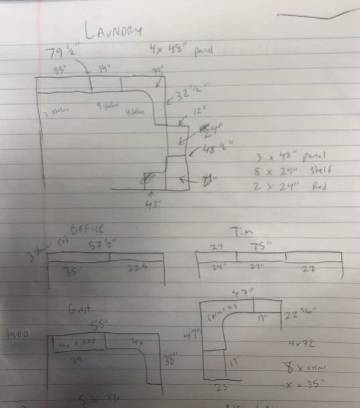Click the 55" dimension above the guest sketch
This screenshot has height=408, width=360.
coord(100,326)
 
